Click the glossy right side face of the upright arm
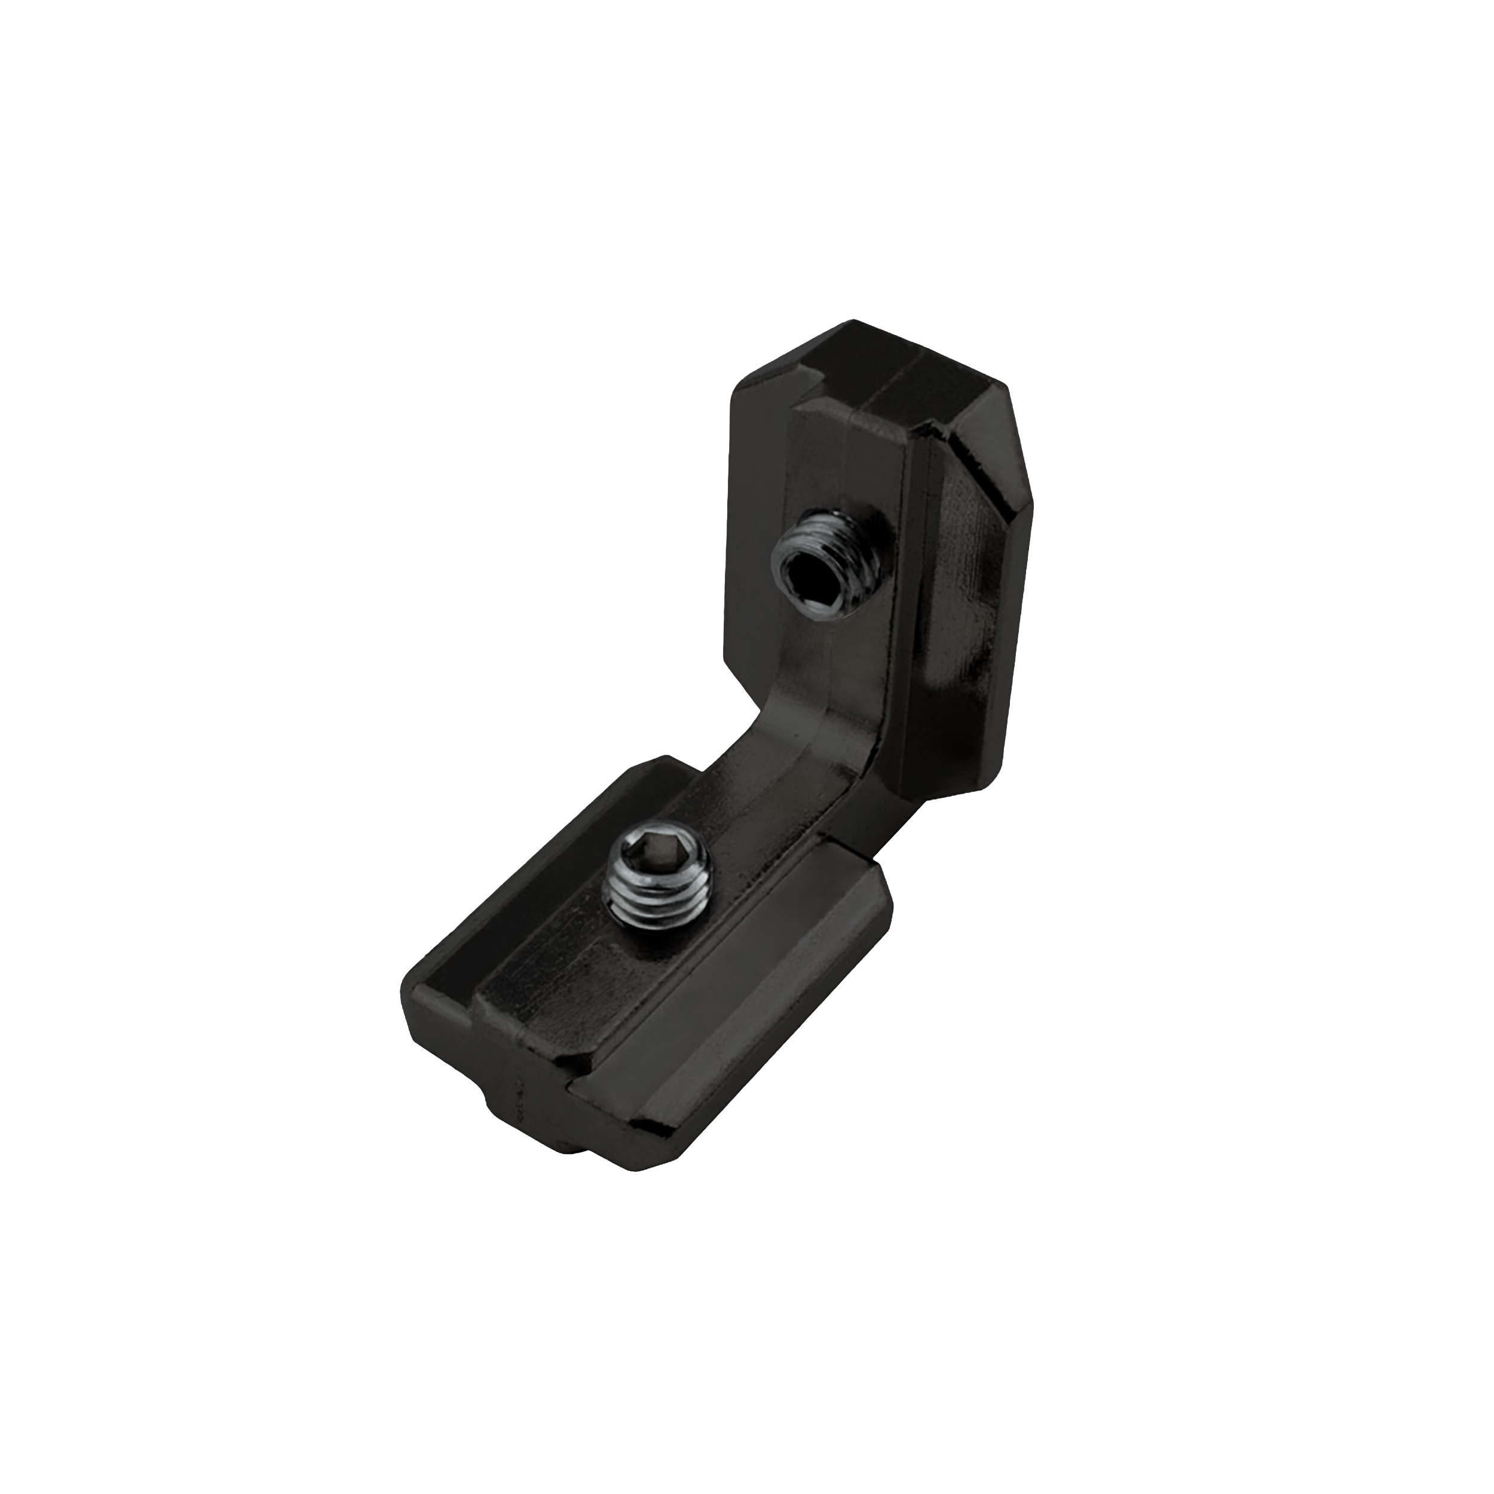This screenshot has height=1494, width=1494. [x=966, y=619]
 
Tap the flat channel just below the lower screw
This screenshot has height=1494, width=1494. [x=587, y=997]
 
